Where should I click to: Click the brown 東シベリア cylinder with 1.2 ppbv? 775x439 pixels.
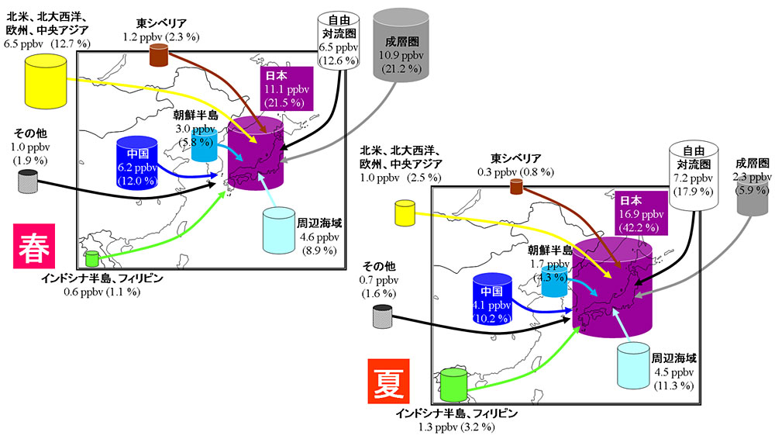(159, 54)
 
